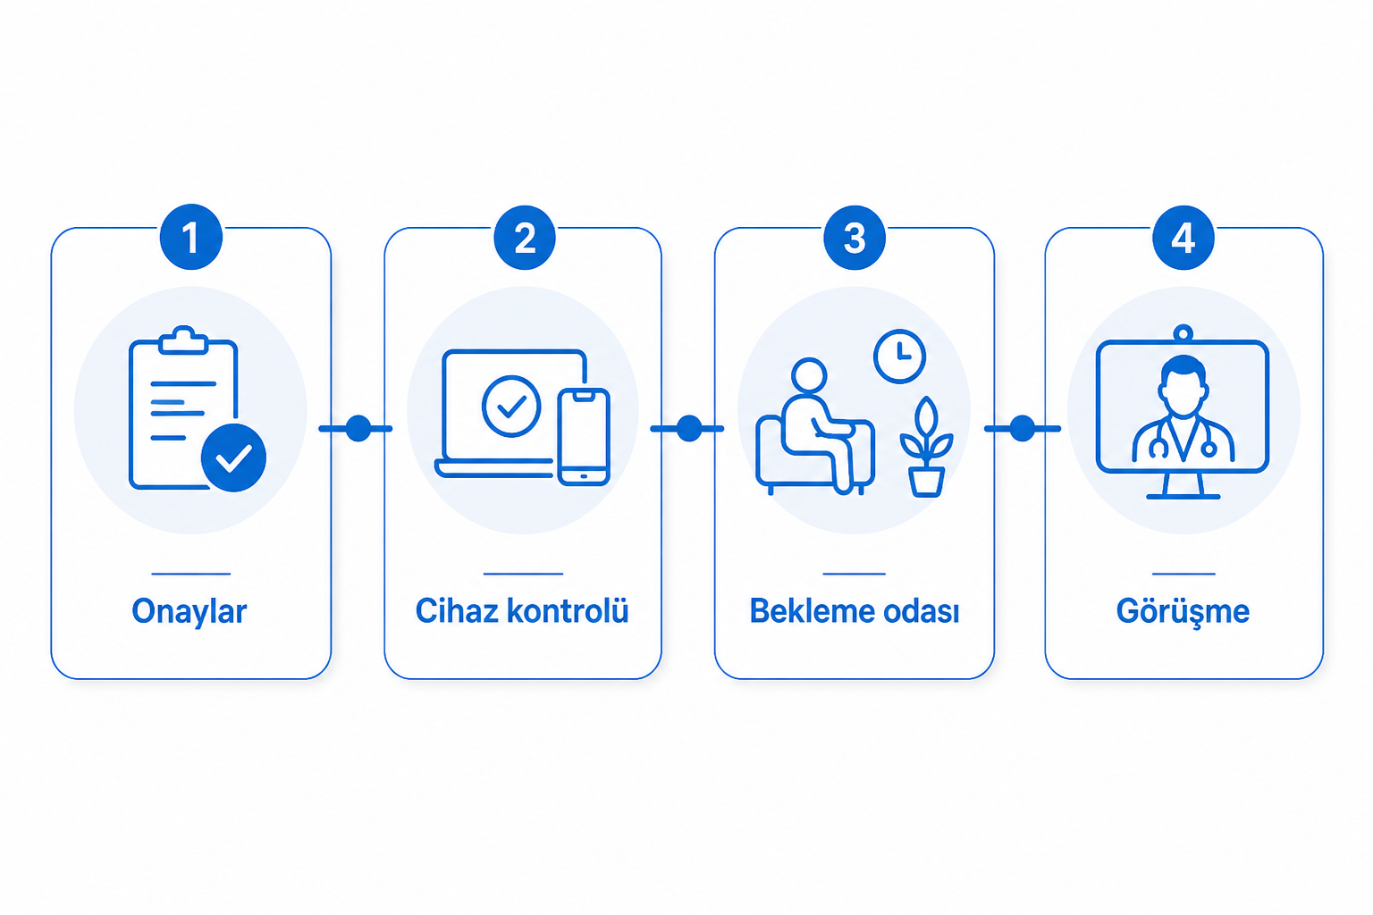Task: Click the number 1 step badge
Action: click(x=190, y=237)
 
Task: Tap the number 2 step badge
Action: click(x=525, y=237)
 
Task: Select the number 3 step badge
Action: click(x=855, y=237)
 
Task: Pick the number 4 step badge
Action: click(x=1183, y=237)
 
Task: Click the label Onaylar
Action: click(x=190, y=611)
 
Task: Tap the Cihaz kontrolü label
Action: click(x=522, y=610)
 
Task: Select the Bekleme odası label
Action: click(x=855, y=611)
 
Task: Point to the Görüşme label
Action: click(x=1183, y=611)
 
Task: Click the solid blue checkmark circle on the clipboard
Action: click(x=233, y=457)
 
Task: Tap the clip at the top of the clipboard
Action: click(x=183, y=340)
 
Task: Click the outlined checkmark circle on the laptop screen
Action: click(x=511, y=407)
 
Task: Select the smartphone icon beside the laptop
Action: click(x=584, y=437)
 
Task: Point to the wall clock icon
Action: click(x=900, y=357)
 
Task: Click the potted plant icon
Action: click(x=926, y=447)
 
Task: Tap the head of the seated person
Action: click(x=809, y=375)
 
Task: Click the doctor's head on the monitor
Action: click(x=1183, y=386)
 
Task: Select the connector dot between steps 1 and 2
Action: click(x=358, y=428)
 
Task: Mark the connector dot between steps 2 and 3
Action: click(x=689, y=428)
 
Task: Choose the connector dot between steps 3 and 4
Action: click(x=1022, y=428)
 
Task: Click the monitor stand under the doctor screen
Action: click(x=1183, y=486)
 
